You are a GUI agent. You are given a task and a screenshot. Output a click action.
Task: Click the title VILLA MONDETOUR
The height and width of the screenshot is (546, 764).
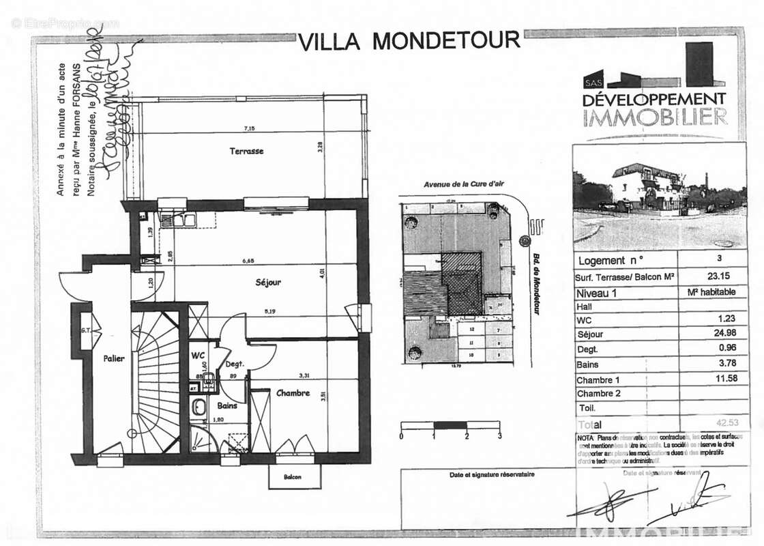pyautogui.click(x=409, y=41)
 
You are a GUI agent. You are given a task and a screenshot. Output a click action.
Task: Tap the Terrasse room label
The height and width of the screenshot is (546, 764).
pyautogui.click(x=246, y=151)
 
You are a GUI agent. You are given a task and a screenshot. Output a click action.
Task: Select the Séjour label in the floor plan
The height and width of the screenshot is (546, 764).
pyautogui.click(x=268, y=282)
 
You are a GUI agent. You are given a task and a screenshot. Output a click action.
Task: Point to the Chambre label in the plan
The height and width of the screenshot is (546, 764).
pyautogui.click(x=293, y=393)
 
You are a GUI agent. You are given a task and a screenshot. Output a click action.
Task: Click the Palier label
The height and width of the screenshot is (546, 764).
pyautogui.click(x=114, y=358)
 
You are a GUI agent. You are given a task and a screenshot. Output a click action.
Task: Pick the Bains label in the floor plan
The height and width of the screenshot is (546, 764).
pyautogui.click(x=227, y=405)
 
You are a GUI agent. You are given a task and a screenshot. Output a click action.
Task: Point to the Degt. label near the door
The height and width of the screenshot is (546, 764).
pyautogui.click(x=236, y=364)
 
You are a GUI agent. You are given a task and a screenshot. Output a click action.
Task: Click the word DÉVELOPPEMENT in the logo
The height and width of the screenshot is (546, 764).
pyautogui.click(x=653, y=100)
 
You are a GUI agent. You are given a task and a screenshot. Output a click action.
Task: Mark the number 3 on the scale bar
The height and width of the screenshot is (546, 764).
pyautogui.click(x=500, y=435)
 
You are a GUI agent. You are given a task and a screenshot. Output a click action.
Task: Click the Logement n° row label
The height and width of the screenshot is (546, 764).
pyautogui.click(x=611, y=261)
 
